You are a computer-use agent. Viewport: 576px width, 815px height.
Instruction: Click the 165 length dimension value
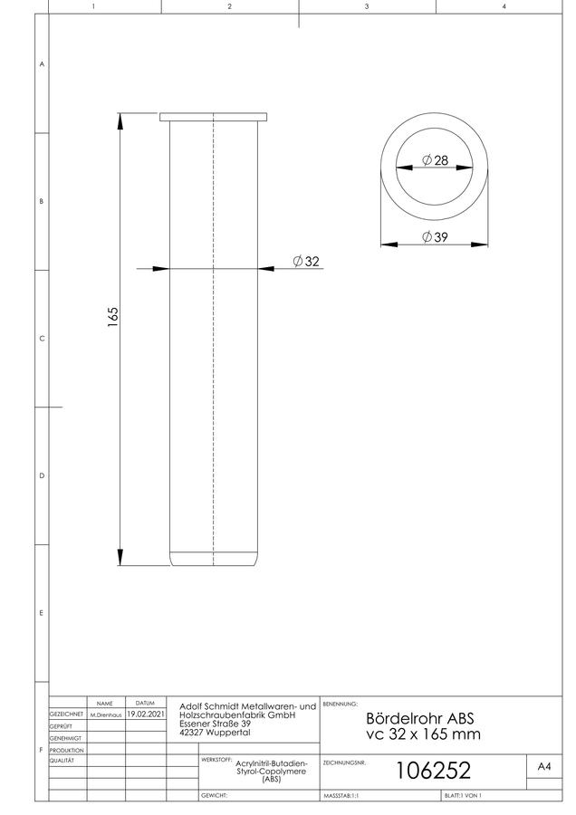click(x=113, y=317)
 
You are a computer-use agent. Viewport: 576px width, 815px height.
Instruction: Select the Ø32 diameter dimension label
click(x=306, y=261)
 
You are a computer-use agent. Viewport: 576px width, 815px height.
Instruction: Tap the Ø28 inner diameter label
click(x=435, y=160)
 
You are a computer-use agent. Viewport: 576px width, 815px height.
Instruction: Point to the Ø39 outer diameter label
click(x=435, y=237)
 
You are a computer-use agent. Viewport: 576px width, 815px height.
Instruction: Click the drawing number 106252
click(x=433, y=771)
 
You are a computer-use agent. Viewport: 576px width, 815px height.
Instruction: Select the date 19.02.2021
click(x=146, y=714)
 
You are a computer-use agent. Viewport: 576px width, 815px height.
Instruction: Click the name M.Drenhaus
click(x=106, y=715)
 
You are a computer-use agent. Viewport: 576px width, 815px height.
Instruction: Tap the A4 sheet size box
click(x=544, y=766)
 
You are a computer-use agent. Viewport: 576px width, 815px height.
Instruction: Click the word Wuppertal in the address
click(x=228, y=733)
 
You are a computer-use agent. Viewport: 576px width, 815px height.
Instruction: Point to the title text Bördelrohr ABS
click(x=420, y=718)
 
